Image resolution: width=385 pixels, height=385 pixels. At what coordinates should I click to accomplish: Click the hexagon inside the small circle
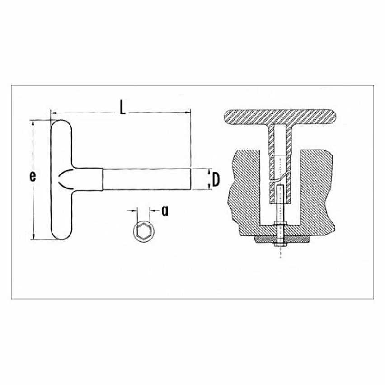[142, 230]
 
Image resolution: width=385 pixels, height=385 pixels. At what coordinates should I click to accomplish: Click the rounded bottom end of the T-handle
[61, 233]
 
